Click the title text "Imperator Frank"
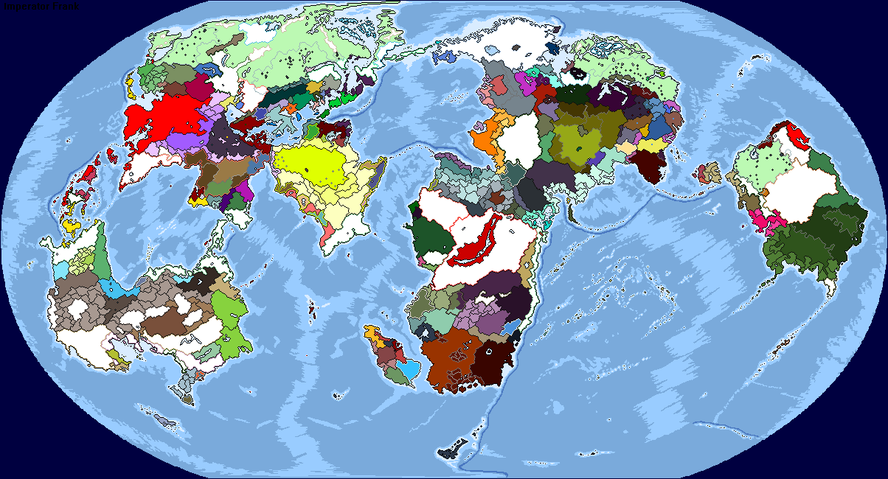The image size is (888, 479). [42, 6]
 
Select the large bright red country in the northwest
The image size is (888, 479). [159, 118]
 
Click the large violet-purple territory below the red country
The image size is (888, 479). [184, 140]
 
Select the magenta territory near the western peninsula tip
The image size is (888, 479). [243, 193]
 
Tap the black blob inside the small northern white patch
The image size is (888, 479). [579, 73]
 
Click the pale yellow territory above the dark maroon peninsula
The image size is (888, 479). [650, 145]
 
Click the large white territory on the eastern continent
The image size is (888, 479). [797, 192]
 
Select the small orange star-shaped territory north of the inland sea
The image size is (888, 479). [291, 108]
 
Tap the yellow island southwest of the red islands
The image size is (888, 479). [71, 225]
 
